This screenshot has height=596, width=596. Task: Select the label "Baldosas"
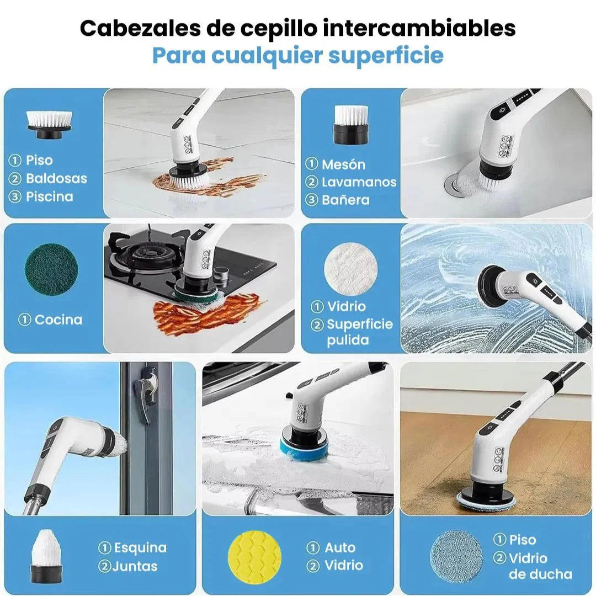[x=56, y=179]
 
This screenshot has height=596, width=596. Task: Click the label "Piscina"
[x=49, y=197]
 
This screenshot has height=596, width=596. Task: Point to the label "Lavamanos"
[x=359, y=182]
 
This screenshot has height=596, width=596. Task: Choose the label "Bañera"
[x=345, y=200]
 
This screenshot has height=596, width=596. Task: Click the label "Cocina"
[x=58, y=320]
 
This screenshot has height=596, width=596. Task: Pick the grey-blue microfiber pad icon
[x=456, y=556]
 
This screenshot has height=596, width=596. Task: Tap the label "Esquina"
[x=140, y=548]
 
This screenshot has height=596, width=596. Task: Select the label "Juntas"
[x=135, y=566]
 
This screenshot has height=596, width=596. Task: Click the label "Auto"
[x=339, y=548]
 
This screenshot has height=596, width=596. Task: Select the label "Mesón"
[x=343, y=164]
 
